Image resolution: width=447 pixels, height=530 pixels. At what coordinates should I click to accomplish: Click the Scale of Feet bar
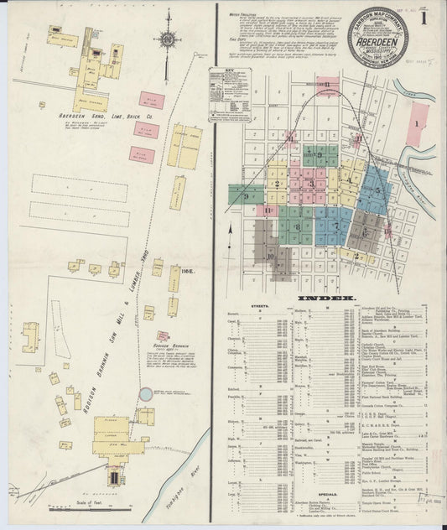pyautogui.click(x=70, y=503)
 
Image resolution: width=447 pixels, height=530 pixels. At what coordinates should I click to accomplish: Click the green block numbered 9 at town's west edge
pyautogui.click(x=246, y=195)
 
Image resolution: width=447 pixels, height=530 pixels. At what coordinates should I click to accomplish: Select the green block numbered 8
pyautogui.click(x=296, y=226)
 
